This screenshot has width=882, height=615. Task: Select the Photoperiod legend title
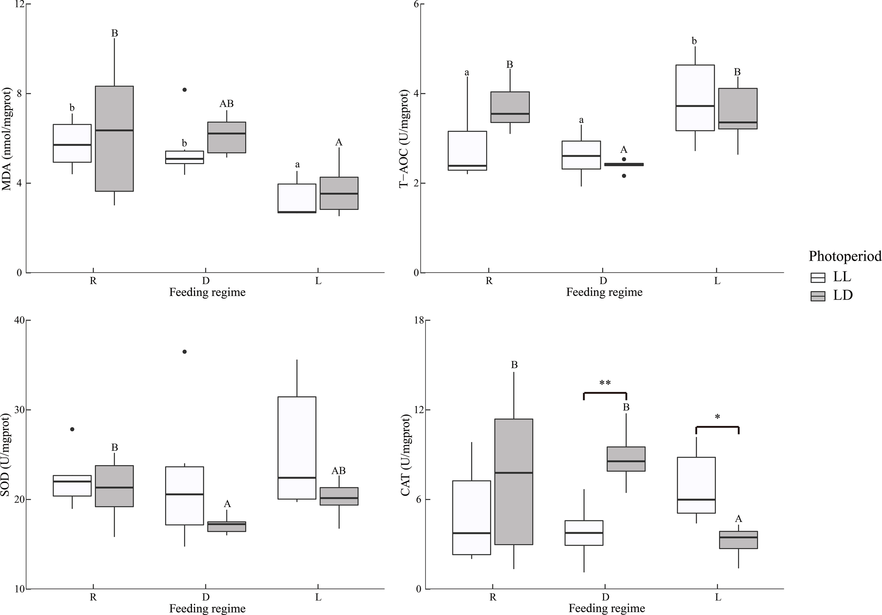845,256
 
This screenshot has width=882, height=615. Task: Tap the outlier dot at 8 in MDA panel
185,90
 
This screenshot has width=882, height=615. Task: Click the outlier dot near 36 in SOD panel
185,351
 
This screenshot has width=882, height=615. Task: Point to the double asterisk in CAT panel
605,383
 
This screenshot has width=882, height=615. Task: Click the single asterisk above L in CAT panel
717,417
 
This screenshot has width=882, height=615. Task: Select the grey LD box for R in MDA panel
114,138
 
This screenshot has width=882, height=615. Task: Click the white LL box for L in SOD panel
297,447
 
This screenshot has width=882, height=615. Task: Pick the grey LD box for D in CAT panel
626,459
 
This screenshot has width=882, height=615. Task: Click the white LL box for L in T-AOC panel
695,98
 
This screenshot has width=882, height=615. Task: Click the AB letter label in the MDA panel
226,104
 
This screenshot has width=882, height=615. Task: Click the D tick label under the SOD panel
206,597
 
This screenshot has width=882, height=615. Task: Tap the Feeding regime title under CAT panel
606,608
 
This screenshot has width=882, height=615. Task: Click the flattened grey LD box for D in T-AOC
624,164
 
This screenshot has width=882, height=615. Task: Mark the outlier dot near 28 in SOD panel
72,429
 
